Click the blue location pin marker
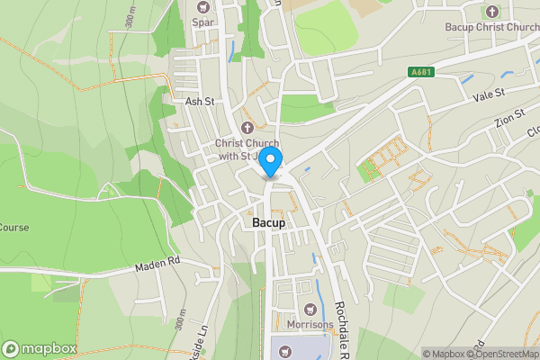pyautogui.click(x=271, y=161)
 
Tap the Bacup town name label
pyautogui.click(x=267, y=221)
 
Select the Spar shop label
pyautogui.click(x=202, y=22)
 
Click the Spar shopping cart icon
pyautogui.click(x=202, y=7)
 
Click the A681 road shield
pyautogui.click(x=420, y=73)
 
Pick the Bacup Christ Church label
pyautogui.click(x=491, y=27)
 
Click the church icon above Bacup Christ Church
pyautogui.click(x=491, y=12)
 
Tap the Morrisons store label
pyautogui.click(x=310, y=324)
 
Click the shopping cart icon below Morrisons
pyautogui.click(x=286, y=350)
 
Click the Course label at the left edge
pyautogui.click(x=14, y=228)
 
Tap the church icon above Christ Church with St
pyautogui.click(x=247, y=127)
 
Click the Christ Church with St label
pyautogui.click(x=247, y=149)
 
